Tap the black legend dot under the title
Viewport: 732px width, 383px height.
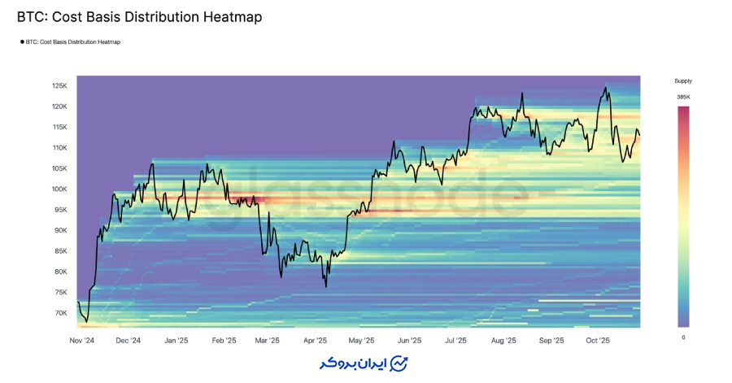22,41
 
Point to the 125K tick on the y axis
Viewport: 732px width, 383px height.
59,86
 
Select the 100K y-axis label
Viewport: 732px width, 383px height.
59,189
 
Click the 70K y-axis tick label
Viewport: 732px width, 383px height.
61,312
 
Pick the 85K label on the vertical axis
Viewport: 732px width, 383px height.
61,250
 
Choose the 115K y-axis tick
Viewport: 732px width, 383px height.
59,127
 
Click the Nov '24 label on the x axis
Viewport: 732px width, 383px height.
81,341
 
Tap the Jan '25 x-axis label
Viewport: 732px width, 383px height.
176,341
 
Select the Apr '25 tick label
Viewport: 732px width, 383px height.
315,341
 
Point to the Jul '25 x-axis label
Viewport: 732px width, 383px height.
455,341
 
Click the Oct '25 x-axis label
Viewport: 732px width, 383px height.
598,341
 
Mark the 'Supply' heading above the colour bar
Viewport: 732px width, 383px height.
683,81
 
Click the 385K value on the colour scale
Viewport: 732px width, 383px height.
683,97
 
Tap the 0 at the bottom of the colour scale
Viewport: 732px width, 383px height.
683,337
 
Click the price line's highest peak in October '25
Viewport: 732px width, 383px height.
605,88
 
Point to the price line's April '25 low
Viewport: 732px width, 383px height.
325,286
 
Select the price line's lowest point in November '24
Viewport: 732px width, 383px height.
86,321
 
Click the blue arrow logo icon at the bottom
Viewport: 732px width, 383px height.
399,363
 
